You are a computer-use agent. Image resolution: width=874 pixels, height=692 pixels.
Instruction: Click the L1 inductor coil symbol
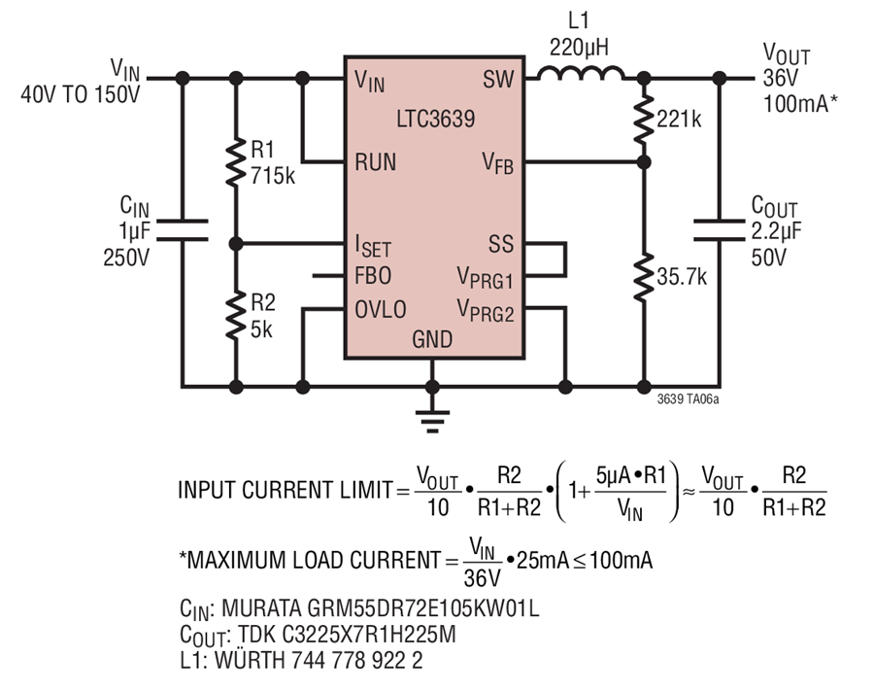(581, 73)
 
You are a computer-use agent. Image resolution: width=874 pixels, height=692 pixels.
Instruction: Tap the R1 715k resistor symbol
(236, 162)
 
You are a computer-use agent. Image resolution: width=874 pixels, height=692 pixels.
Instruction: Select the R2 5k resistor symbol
(236, 315)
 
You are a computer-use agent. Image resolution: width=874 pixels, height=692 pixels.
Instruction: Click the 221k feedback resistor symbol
(644, 120)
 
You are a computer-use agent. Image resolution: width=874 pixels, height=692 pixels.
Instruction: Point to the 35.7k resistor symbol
(644, 277)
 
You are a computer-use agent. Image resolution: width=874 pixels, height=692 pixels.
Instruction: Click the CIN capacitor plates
(183, 230)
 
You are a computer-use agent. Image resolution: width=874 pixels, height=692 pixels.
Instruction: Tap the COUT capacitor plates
(719, 230)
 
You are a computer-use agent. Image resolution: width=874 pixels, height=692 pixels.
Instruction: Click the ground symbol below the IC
(432, 422)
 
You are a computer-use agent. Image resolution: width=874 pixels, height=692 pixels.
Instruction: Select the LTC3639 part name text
(436, 119)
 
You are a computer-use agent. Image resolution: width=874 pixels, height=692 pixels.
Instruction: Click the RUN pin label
(375, 162)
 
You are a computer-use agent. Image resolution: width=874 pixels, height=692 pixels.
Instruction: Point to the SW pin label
(498, 80)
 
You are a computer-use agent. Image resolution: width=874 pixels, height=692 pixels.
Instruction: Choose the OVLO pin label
(381, 309)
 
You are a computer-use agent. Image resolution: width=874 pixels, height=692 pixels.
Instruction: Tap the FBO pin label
(373, 276)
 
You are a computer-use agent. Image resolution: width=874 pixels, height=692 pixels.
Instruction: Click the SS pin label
(500, 244)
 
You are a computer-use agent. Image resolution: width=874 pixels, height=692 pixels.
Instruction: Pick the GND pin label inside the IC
(432, 339)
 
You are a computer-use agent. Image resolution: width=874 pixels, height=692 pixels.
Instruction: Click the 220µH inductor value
(579, 48)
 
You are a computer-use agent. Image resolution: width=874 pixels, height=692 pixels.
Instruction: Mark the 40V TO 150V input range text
(81, 94)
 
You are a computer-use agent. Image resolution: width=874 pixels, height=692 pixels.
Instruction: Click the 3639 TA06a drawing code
(688, 399)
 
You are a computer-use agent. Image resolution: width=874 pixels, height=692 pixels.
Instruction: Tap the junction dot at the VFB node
(644, 162)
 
